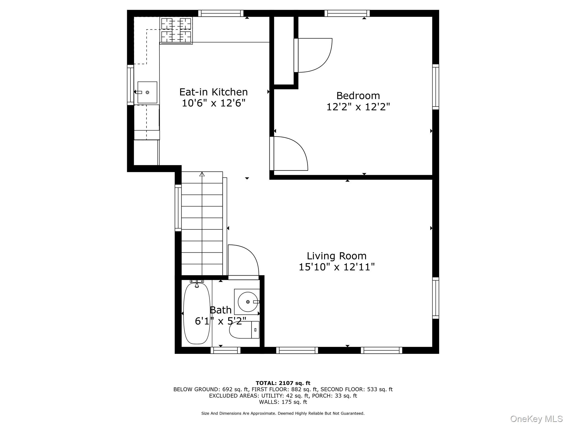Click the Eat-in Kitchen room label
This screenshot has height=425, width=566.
pyautogui.click(x=213, y=92)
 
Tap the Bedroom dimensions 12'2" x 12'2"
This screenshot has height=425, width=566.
pyautogui.click(x=358, y=107)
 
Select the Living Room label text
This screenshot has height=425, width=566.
pyautogui.click(x=336, y=256)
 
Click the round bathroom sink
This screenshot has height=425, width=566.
pyautogui.click(x=248, y=302)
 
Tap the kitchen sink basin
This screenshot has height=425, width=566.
pyautogui.click(x=147, y=92)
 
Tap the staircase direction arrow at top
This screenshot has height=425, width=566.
pyautogui.click(x=202, y=174)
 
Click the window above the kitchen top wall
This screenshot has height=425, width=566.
pyautogui.click(x=221, y=13)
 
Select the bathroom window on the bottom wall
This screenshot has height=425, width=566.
pyautogui.click(x=226, y=350)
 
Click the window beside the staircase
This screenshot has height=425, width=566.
pyautogui.click(x=178, y=208)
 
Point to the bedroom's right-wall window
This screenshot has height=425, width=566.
pyautogui.click(x=435, y=87)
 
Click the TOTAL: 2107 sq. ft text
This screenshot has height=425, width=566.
pyautogui.click(x=283, y=383)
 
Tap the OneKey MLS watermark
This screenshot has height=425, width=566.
pyautogui.click(x=536, y=419)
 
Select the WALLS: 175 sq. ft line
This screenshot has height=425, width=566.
pyautogui.click(x=283, y=402)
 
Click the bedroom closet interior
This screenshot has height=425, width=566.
pyautogui.click(x=284, y=50)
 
